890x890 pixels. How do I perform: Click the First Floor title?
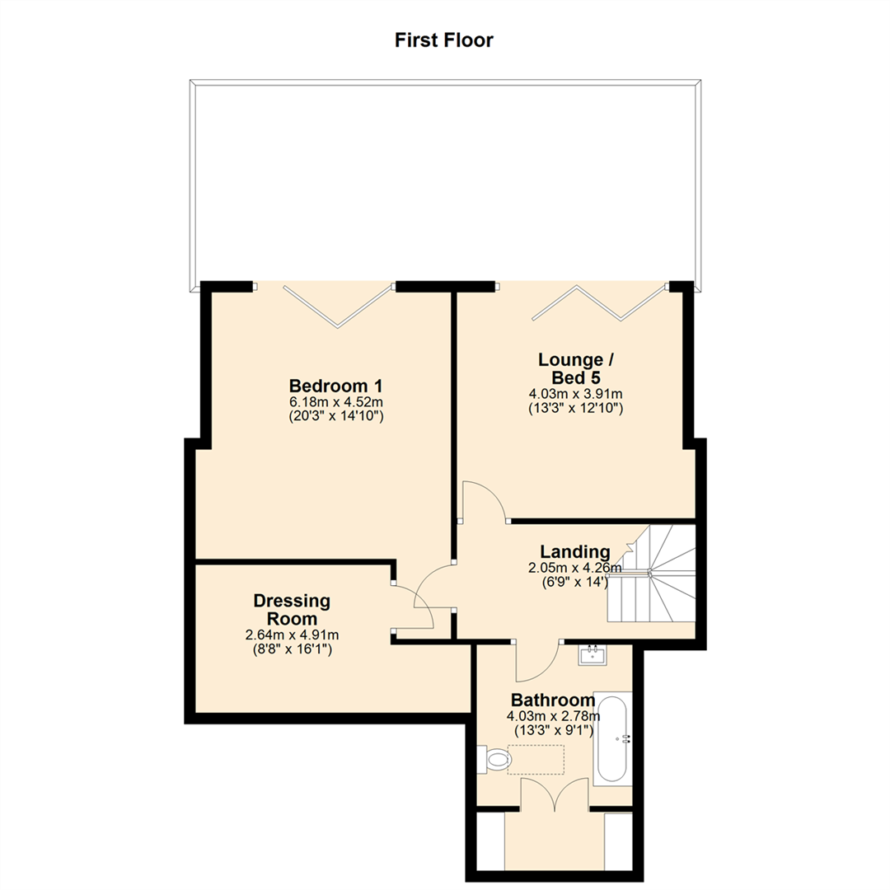(x=443, y=40)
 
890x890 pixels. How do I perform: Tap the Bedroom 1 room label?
(x=335, y=386)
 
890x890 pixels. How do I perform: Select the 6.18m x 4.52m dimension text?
(x=335, y=402)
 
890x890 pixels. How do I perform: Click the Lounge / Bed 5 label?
(x=575, y=368)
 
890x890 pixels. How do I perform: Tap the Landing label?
(x=574, y=552)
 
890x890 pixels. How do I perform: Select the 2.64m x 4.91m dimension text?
(x=292, y=635)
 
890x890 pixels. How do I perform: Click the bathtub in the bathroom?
(x=613, y=739)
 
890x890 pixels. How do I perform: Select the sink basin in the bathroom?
(x=593, y=656)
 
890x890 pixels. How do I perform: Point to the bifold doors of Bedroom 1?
(x=336, y=306)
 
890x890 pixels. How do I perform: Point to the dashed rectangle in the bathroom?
(x=536, y=759)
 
